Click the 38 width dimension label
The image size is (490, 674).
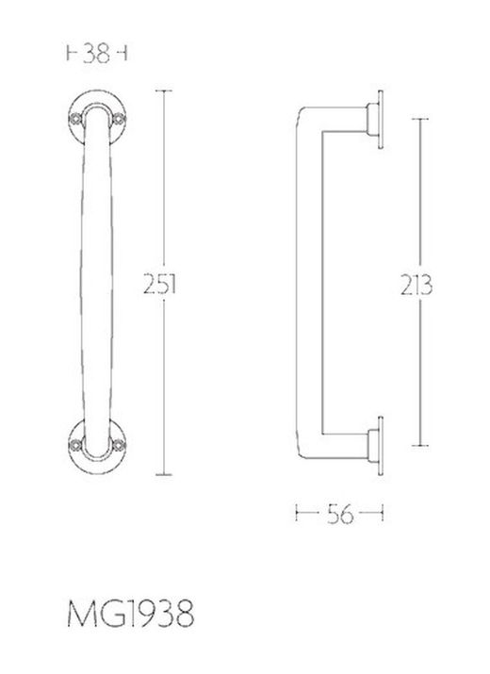pyautogui.click(x=96, y=54)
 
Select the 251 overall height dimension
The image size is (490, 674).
pyautogui.click(x=159, y=284)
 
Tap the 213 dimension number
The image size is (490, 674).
pyautogui.click(x=416, y=285)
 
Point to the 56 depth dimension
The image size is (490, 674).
pyautogui.click(x=340, y=514)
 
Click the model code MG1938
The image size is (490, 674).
pyautogui.click(x=131, y=614)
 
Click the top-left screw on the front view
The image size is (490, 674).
pyautogui.click(x=76, y=118)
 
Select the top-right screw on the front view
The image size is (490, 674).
pyautogui.click(x=118, y=118)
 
